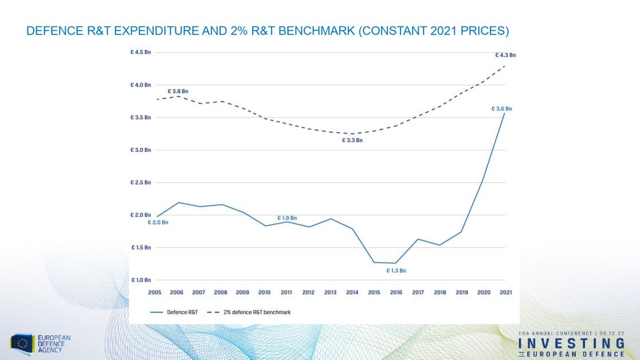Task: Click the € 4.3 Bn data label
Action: (505, 55)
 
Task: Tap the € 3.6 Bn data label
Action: (501, 108)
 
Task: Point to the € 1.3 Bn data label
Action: (395, 270)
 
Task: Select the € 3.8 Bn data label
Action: (178, 91)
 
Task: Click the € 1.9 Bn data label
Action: (287, 218)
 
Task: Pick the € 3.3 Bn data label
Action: (352, 140)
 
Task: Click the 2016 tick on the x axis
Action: (396, 292)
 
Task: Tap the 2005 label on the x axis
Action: (155, 292)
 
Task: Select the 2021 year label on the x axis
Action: (505, 292)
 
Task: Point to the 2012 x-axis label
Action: (308, 292)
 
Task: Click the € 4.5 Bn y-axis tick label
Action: (141, 52)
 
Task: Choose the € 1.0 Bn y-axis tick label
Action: (141, 280)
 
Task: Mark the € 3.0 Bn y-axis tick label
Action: (141, 150)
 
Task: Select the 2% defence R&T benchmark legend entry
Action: (258, 312)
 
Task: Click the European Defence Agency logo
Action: (40, 343)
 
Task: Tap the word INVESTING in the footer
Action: (571, 343)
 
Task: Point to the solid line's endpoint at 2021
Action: (505, 113)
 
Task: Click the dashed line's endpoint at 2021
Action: (505, 66)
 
